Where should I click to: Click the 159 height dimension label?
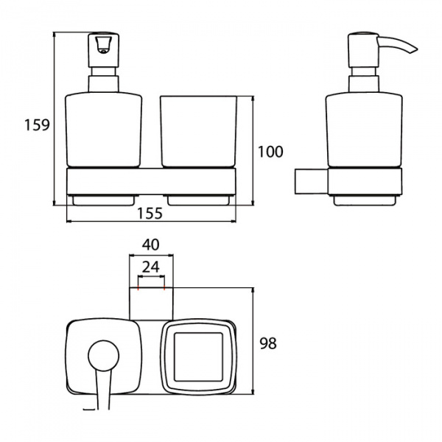(x=37, y=125)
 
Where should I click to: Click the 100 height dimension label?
(x=270, y=152)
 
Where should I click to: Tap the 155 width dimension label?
(x=150, y=213)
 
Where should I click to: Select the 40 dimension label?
(x=151, y=245)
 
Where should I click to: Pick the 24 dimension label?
(x=151, y=267)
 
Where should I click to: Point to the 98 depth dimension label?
(x=268, y=343)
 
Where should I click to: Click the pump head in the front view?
(x=104, y=50)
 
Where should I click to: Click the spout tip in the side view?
(x=415, y=50)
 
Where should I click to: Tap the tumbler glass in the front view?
(x=199, y=132)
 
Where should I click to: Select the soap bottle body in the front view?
(x=103, y=130)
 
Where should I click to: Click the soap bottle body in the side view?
(x=364, y=130)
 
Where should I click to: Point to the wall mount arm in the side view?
(x=312, y=181)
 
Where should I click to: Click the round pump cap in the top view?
(x=103, y=356)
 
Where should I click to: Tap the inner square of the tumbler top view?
(x=198, y=357)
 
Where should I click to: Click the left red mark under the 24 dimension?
(x=138, y=288)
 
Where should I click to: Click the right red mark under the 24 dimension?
(x=164, y=288)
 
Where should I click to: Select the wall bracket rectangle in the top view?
(x=151, y=304)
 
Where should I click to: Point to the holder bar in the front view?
(x=151, y=181)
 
